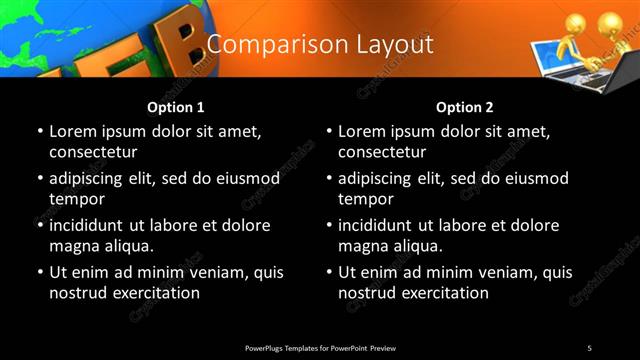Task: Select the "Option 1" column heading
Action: click(x=176, y=107)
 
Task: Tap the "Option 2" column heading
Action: click(x=465, y=107)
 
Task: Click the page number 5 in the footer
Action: click(x=589, y=347)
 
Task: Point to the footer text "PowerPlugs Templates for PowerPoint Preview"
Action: click(x=320, y=347)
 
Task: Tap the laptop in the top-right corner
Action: click(x=565, y=55)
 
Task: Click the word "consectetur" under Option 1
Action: click(x=93, y=153)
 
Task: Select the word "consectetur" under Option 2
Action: click(x=382, y=153)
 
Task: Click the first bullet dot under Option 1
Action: click(x=40, y=132)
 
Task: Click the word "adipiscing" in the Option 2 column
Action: click(x=380, y=178)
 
